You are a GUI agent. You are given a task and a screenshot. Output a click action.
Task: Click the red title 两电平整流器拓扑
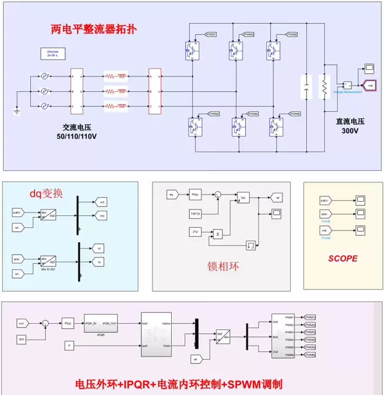[94, 30]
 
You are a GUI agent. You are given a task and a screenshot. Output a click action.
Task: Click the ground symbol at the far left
[17, 110]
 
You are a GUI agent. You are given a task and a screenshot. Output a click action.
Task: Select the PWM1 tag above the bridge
[211, 33]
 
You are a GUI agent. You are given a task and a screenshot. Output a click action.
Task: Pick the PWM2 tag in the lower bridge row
[214, 114]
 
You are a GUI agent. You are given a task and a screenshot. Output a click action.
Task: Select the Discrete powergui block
[53, 53]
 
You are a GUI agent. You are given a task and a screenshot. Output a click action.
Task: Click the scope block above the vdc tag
[370, 67]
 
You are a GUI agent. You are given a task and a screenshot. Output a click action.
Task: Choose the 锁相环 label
[223, 265]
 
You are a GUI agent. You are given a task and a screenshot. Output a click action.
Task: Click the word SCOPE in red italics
[342, 259]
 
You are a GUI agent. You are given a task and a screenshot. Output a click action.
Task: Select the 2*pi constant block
[195, 230]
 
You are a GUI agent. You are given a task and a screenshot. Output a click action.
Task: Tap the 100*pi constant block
[195, 212]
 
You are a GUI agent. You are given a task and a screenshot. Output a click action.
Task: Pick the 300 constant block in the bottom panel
[21, 338]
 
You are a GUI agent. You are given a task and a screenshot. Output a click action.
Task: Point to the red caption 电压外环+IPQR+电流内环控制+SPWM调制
[179, 384]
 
